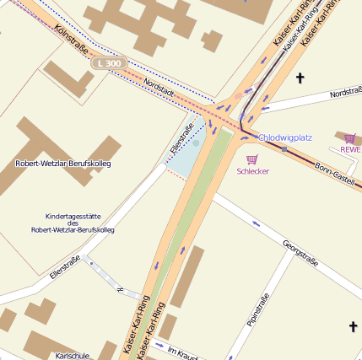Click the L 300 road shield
pyautogui.click(x=110, y=63)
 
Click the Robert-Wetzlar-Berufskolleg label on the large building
pyautogui.click(x=63, y=163)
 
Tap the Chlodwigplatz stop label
pyautogui.click(x=285, y=137)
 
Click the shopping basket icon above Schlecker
pyautogui.click(x=251, y=159)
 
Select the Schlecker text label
pyautogui.click(x=252, y=171)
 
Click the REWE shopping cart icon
pyautogui.click(x=349, y=138)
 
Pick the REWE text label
pyautogui.click(x=349, y=150)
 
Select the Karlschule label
pyautogui.click(x=72, y=355)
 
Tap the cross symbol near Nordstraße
pyautogui.click(x=300, y=78)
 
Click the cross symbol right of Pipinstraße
pyautogui.click(x=353, y=325)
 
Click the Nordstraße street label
pyautogui.click(x=345, y=93)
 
